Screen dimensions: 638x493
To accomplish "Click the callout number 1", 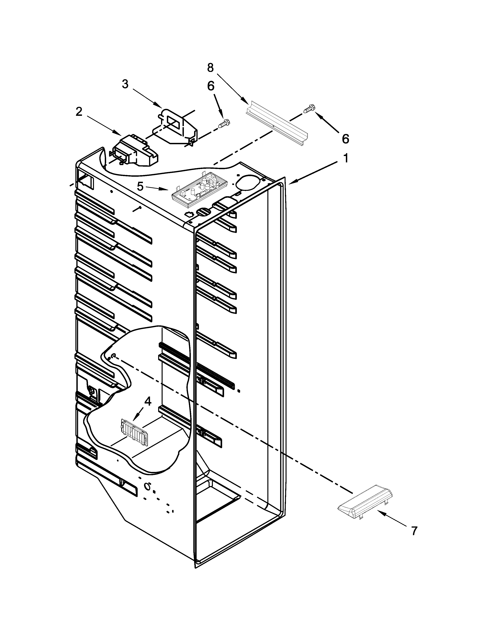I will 345,159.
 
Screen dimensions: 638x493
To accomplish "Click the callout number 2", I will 79,112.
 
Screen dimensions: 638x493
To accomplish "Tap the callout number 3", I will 125,84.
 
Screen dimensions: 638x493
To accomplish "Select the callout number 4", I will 148,402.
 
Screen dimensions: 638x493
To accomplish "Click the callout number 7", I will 414,531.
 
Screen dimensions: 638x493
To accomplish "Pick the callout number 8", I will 210,68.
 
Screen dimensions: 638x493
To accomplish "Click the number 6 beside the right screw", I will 345,139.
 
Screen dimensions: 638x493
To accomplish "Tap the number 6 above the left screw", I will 211,86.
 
